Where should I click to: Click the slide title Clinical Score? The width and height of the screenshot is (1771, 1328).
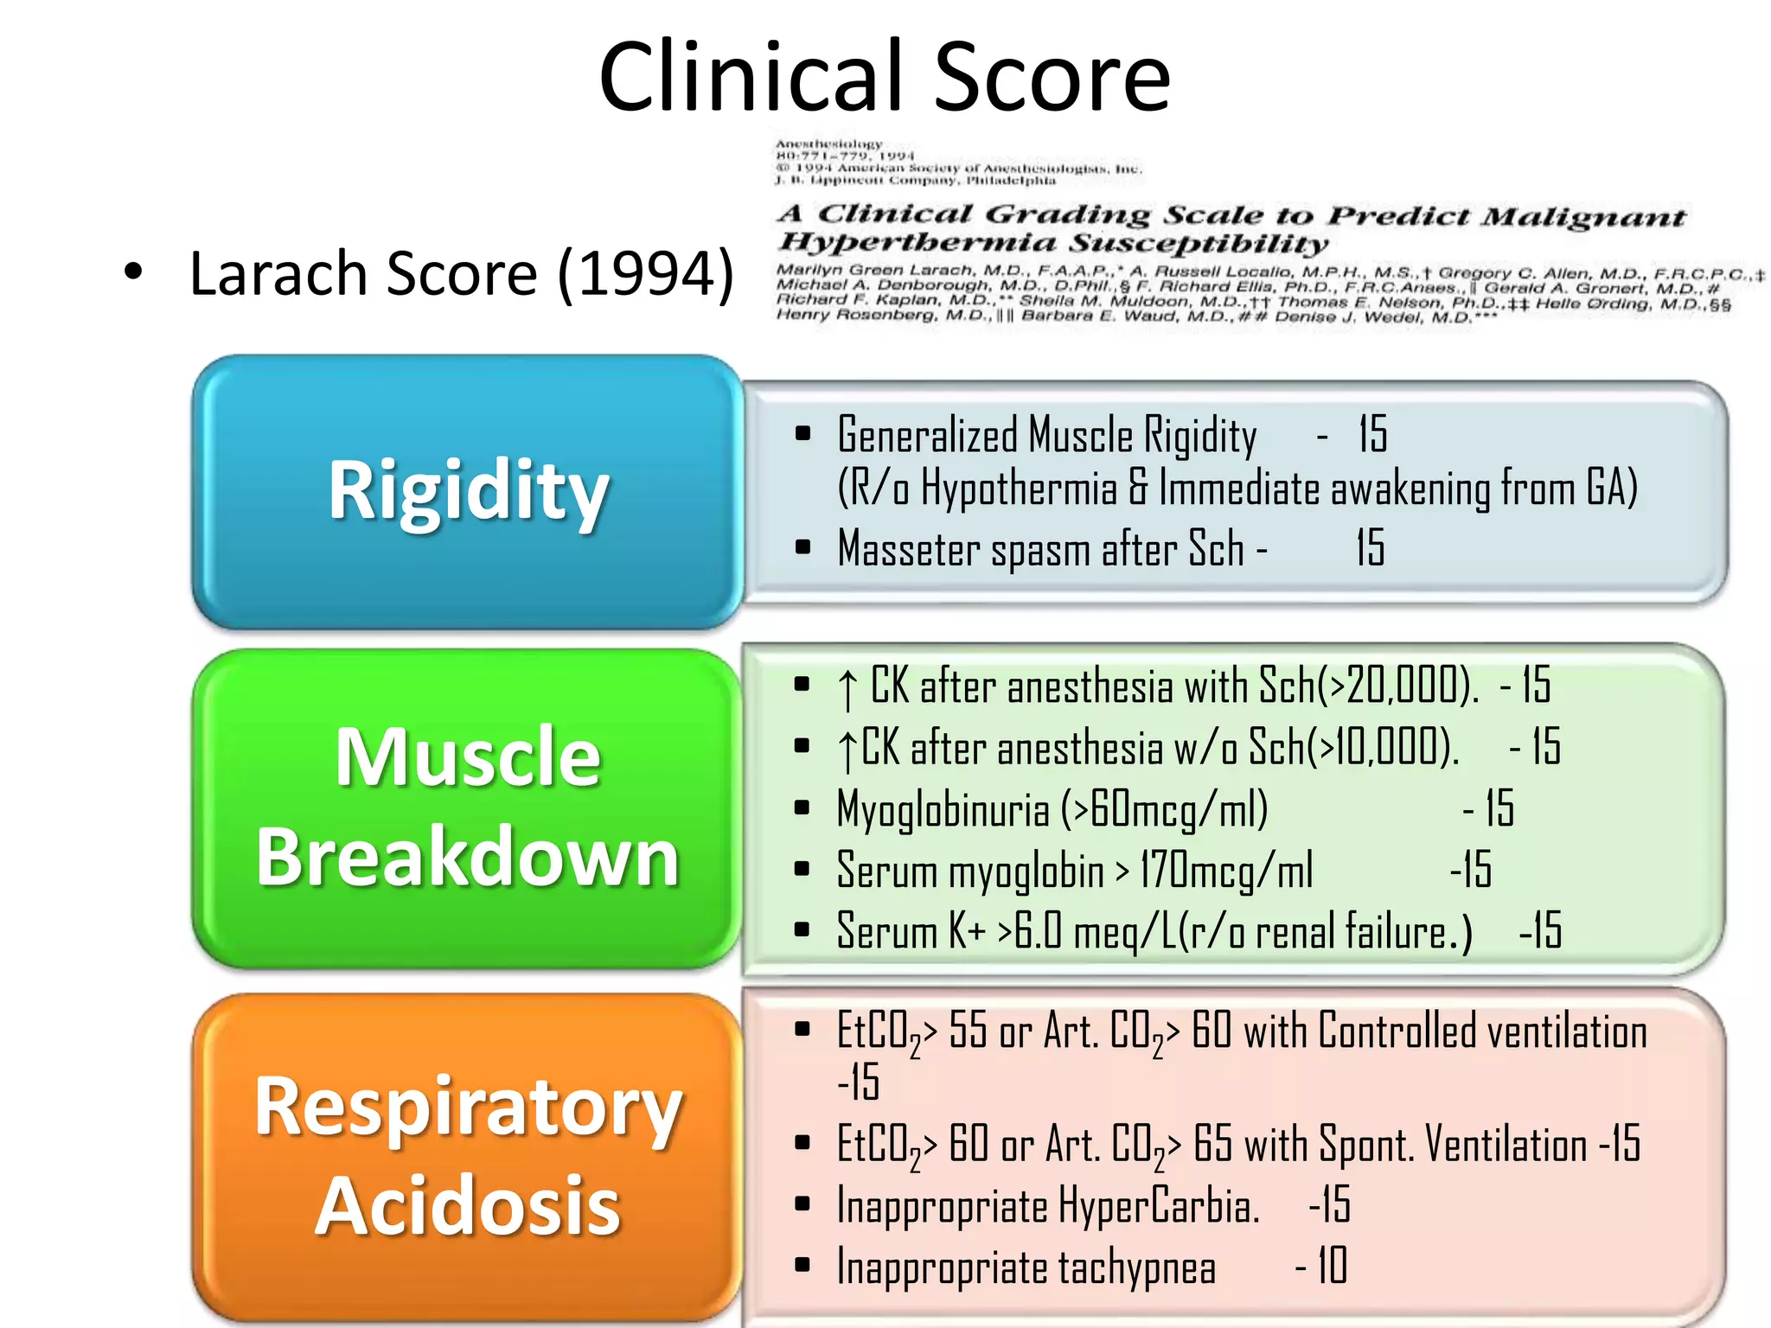[884, 78]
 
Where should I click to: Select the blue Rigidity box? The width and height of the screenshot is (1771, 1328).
[468, 491]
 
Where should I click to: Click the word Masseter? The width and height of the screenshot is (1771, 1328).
[908, 550]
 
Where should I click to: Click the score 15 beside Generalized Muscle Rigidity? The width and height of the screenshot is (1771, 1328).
[1372, 434]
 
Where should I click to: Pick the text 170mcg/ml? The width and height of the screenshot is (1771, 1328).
[1225, 871]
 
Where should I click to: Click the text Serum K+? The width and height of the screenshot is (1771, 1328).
[911, 932]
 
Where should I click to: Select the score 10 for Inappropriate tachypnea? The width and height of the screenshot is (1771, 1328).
[1332, 1267]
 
